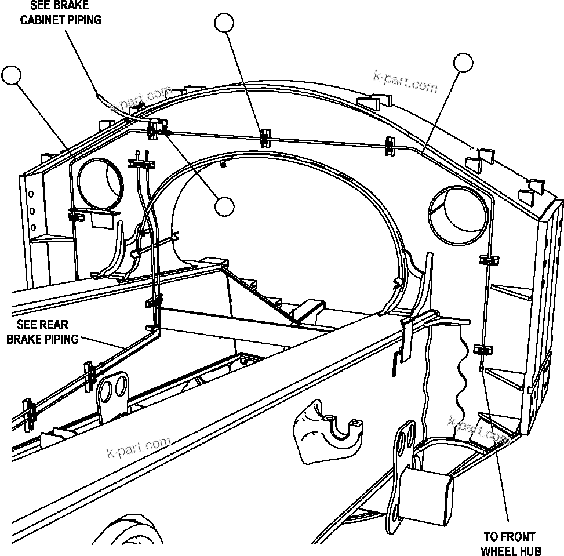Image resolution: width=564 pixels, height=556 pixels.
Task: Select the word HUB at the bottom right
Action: coord(527,549)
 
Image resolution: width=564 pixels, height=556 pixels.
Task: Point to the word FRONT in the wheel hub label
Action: coord(516,536)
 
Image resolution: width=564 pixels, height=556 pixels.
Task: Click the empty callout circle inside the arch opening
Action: coord(224,206)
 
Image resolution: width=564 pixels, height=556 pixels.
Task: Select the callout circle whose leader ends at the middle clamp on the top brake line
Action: coord(224,23)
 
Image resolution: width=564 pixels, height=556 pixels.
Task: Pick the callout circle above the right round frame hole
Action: coord(463,63)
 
